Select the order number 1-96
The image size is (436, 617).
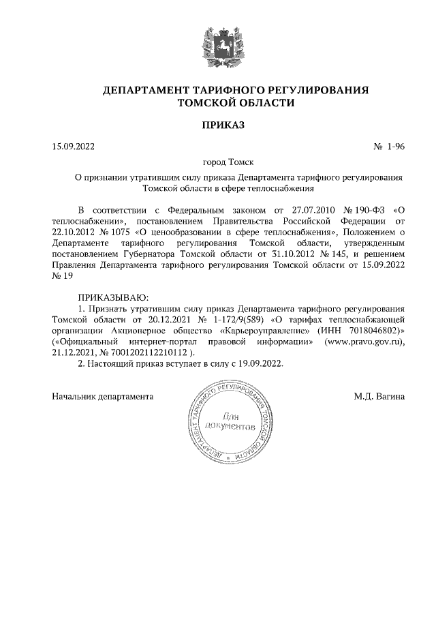395,147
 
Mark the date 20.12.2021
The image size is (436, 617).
168,318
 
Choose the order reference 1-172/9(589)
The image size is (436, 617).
237,318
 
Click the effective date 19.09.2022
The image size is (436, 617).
258,363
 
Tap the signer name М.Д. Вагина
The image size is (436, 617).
379,396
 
